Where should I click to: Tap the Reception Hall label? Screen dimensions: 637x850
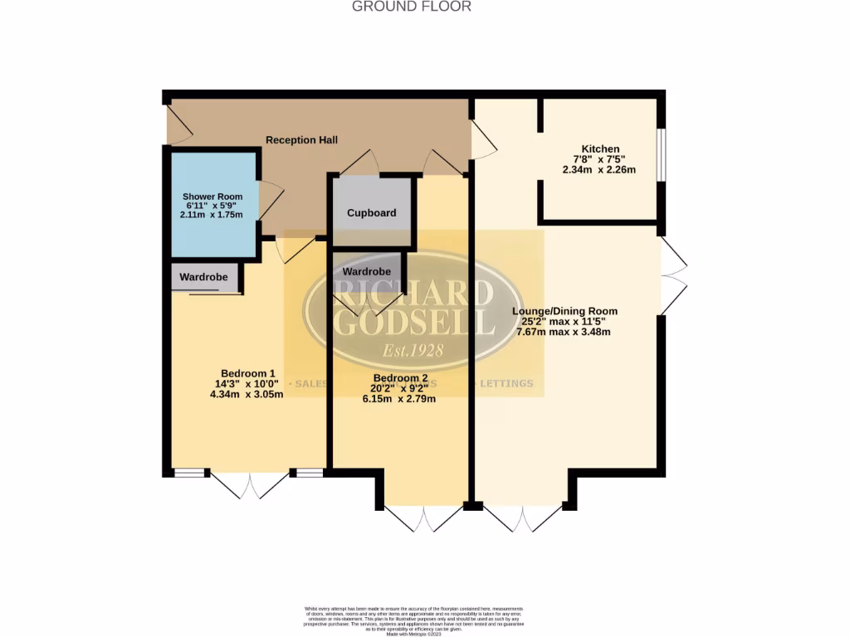point(301,140)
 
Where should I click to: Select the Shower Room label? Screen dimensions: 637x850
point(212,197)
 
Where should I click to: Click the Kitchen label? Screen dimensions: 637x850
point(599,149)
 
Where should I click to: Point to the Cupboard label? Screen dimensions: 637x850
point(371,213)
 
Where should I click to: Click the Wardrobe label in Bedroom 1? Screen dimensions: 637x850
point(206,277)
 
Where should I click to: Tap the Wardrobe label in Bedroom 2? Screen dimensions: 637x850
point(366,271)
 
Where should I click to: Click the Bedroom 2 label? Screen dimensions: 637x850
point(401,377)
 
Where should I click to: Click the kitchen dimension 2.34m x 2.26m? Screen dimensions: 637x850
point(599,170)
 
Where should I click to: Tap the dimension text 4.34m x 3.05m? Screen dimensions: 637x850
point(247,395)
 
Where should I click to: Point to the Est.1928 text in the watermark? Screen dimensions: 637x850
point(413,349)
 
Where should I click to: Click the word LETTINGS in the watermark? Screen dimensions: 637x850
point(507,384)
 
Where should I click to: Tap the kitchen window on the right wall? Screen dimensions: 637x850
point(662,153)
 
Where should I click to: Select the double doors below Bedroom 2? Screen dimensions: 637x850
point(423,518)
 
